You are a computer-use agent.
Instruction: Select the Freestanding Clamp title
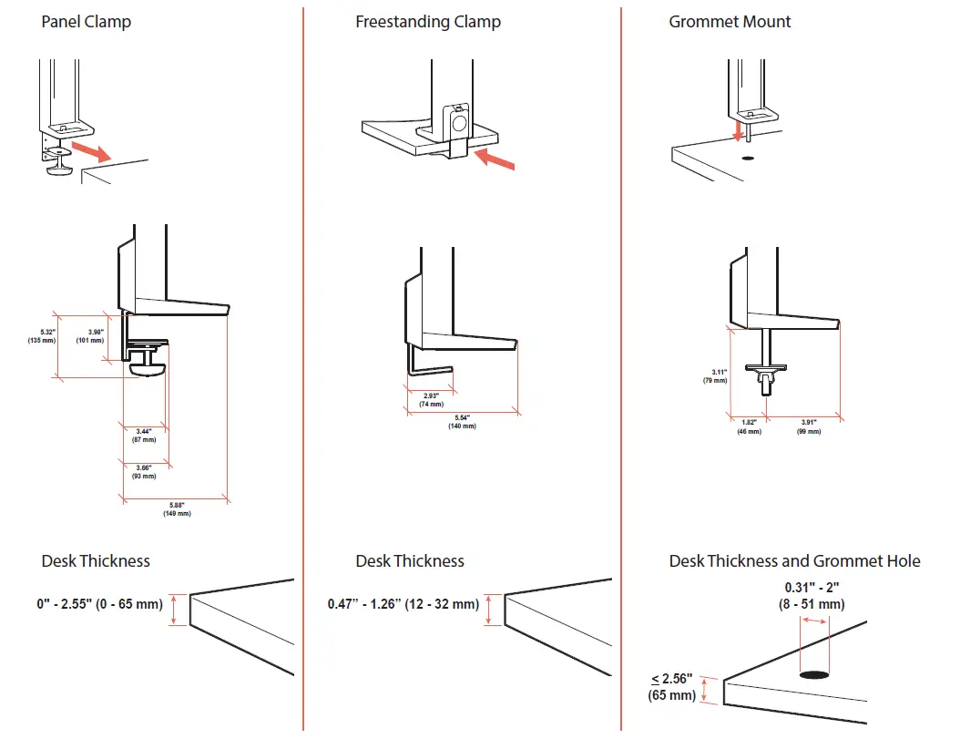coord(427,21)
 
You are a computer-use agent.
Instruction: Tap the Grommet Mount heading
coord(730,21)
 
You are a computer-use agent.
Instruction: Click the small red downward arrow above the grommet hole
coord(739,133)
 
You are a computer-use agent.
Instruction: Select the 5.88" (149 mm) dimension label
coord(177,509)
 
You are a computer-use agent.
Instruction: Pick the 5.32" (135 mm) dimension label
coord(42,334)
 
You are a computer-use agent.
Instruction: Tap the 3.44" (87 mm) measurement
coord(143,435)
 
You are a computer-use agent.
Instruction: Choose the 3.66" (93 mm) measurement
coord(143,471)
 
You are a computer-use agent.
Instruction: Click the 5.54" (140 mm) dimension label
coord(462,422)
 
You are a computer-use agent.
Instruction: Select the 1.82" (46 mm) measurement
coord(748,426)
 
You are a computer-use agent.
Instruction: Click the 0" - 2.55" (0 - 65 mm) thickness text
coord(100,604)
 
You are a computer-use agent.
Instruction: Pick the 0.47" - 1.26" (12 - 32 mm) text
coord(403,604)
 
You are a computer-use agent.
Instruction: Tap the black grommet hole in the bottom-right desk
coord(814,676)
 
